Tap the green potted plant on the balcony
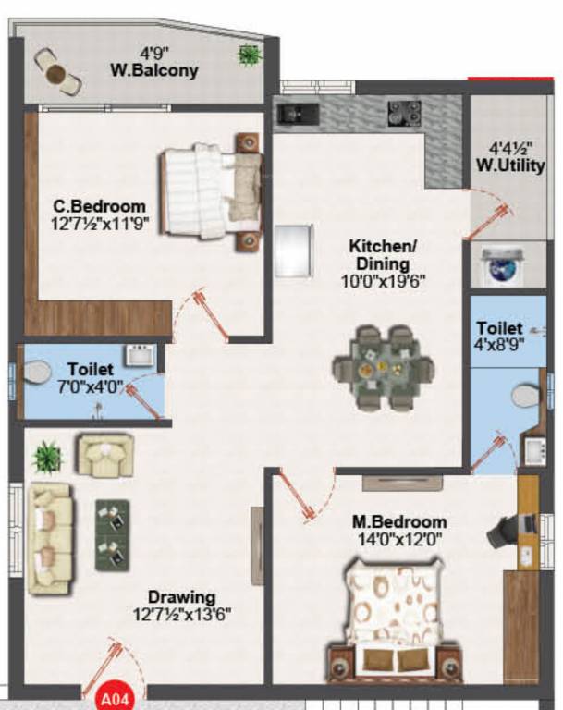[x=248, y=55]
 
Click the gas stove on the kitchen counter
[x=404, y=113]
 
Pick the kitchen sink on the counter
[x=299, y=114]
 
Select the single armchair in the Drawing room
[x=104, y=454]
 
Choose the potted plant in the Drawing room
[x=46, y=456]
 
